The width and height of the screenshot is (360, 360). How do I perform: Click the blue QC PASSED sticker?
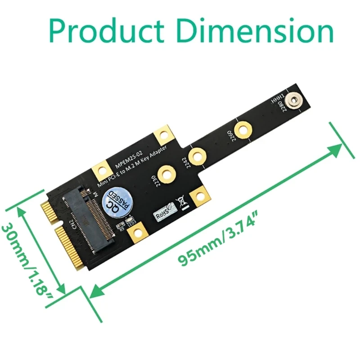(x=117, y=202)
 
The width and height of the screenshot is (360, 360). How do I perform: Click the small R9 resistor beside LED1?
(x=119, y=226)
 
